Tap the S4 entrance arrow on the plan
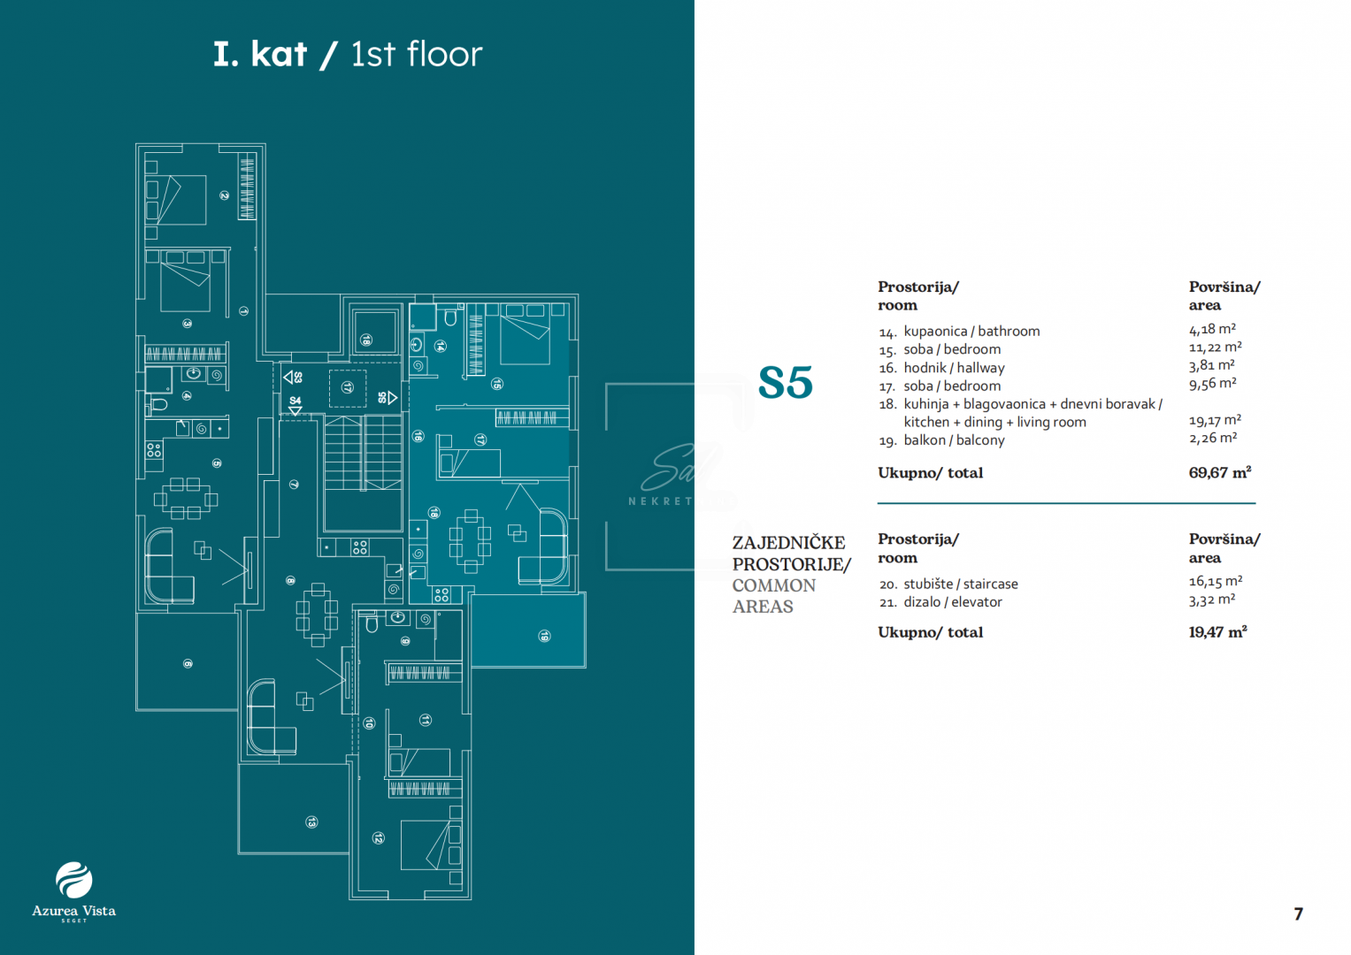click(296, 411)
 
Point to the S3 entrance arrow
click(288, 378)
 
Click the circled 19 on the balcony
click(545, 636)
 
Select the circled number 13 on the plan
click(311, 822)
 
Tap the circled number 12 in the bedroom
click(378, 837)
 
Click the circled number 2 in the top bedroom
click(225, 195)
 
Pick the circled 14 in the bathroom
click(441, 347)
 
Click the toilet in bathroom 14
click(450, 317)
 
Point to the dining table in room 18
click(470, 535)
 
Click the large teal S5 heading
click(786, 383)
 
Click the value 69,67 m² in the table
click(1219, 473)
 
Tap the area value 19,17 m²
click(1215, 420)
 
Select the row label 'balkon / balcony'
click(954, 440)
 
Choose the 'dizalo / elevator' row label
click(953, 602)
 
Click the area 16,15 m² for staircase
click(1216, 582)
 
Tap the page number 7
click(1298, 914)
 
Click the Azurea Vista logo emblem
click(73, 880)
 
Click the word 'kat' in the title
click(279, 55)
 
